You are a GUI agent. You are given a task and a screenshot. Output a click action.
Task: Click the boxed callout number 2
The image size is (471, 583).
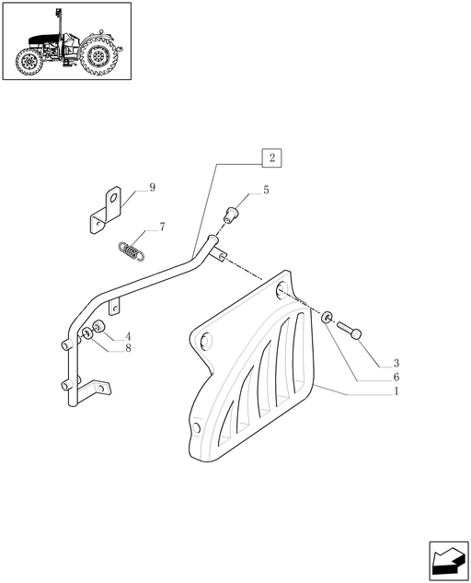tap(271, 157)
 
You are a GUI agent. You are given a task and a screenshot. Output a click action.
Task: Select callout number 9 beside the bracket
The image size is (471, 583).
tap(152, 187)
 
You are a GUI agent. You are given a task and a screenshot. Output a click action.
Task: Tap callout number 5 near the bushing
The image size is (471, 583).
tap(266, 190)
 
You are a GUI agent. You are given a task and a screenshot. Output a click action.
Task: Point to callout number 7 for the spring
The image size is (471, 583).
tap(162, 227)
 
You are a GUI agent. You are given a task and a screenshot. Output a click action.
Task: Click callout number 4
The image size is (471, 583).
tap(128, 337)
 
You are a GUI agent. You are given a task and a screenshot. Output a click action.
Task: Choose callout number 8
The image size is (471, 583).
tap(128, 348)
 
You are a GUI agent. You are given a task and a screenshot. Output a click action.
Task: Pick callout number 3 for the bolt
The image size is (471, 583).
tap(396, 363)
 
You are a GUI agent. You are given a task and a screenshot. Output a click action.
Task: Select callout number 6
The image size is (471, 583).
tap(396, 377)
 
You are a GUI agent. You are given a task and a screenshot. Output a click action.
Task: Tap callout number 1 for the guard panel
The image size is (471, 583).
tap(396, 391)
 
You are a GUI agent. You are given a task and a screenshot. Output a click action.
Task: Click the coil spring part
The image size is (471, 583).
tap(131, 250)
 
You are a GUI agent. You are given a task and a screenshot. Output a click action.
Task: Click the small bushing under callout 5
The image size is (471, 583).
tap(231, 215)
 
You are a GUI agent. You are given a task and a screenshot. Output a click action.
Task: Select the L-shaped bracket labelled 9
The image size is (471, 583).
tap(106, 210)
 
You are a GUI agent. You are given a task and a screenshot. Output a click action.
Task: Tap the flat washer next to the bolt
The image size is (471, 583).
tap(327, 318)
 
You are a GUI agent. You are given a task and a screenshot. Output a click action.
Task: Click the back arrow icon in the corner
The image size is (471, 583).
tap(449, 561)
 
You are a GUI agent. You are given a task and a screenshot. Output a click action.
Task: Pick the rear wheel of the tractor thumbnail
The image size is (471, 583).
tap(98, 56)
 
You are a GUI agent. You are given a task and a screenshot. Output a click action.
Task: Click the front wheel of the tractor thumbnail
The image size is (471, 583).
tap(29, 62)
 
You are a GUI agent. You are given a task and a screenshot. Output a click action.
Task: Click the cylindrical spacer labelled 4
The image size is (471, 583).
tap(98, 327)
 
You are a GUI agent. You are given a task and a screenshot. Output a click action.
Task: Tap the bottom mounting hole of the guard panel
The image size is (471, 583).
tap(197, 427)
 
